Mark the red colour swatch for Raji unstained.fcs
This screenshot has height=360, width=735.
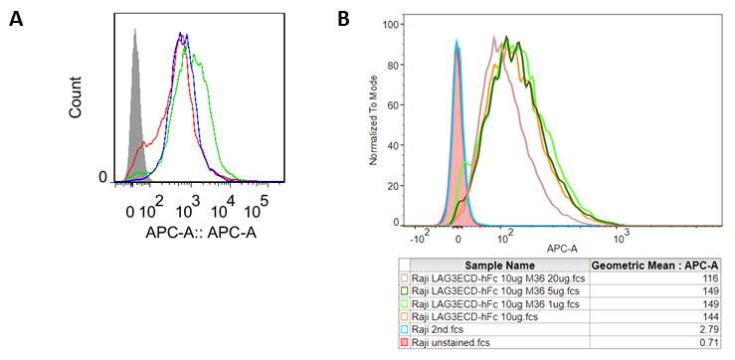click(x=405, y=343)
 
